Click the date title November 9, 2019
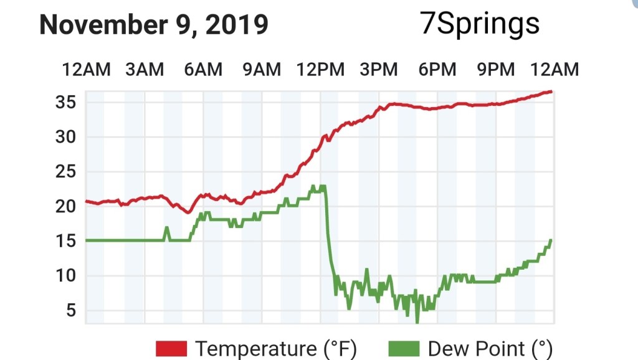[x=154, y=25]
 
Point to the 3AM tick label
[x=145, y=70]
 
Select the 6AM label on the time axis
[x=203, y=70]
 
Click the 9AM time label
[x=262, y=70]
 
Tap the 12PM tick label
[x=320, y=70]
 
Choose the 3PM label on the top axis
[x=379, y=70]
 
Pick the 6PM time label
[x=437, y=70]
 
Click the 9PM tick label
[x=496, y=70]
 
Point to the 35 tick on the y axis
[x=65, y=102]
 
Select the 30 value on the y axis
[x=65, y=137]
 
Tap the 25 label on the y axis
[x=65, y=172]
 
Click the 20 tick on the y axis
[x=65, y=206]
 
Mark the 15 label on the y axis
[x=65, y=241]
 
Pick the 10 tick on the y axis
[x=65, y=276]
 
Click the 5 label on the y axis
[x=69, y=310]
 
